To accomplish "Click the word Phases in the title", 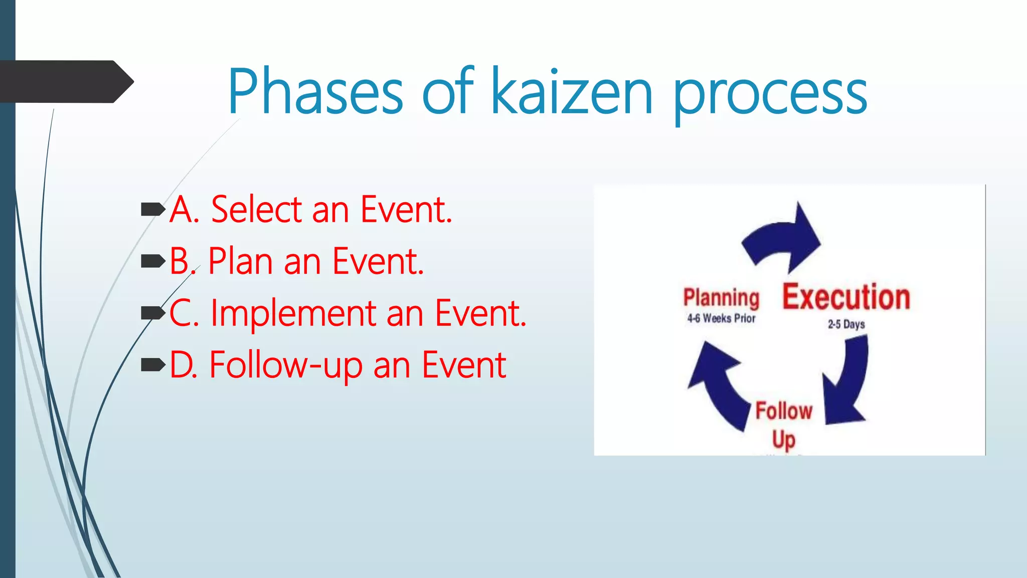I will tap(315, 91).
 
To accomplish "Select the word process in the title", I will tap(770, 95).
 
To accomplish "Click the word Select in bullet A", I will tap(256, 209).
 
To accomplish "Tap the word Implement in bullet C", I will tap(293, 314).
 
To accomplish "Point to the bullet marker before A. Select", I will tap(153, 209).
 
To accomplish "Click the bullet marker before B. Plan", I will tap(153, 261).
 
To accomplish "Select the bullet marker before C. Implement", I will tap(153, 313).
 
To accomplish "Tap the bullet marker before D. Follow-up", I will tap(153, 365).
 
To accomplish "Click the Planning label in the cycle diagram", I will tap(721, 298).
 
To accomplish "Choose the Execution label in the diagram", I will tap(846, 297).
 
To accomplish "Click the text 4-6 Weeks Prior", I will tap(721, 319).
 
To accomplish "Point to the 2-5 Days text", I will tap(846, 325).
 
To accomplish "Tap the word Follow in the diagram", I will tap(784, 411).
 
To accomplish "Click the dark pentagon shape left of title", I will tap(65, 82).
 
